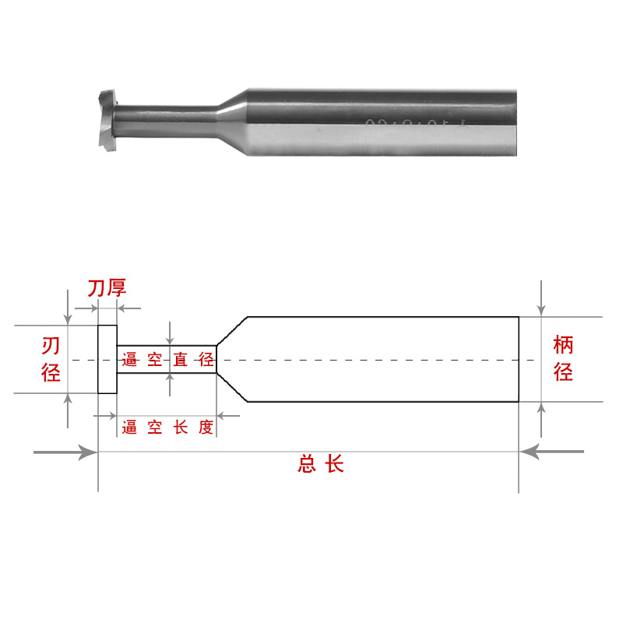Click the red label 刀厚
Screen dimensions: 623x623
(x=107, y=289)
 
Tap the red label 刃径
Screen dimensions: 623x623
(x=51, y=359)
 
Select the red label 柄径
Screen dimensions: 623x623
(x=563, y=358)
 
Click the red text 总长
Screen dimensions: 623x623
(x=320, y=465)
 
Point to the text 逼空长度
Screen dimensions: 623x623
(x=167, y=427)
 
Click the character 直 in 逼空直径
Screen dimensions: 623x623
(x=181, y=360)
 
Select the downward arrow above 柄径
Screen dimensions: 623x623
(x=542, y=300)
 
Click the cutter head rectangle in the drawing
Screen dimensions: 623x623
(x=107, y=360)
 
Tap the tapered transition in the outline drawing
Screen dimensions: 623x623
(x=231, y=359)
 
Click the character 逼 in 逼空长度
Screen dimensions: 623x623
(x=129, y=427)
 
